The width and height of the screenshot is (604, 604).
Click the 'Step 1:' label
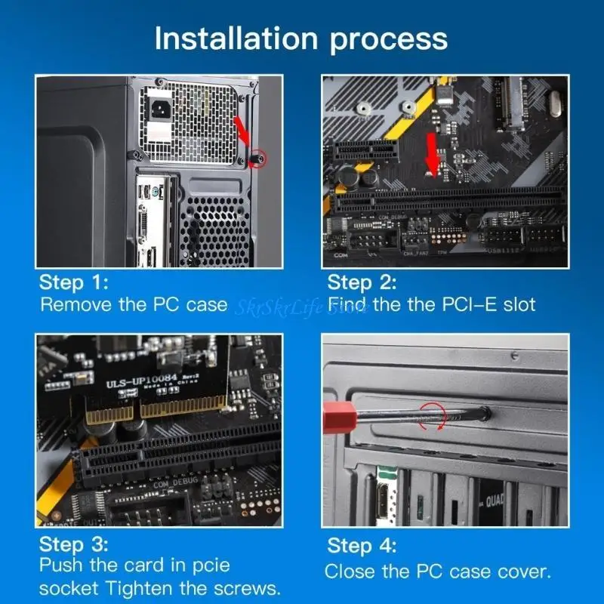coord(74,282)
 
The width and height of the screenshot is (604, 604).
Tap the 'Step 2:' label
coord(362,282)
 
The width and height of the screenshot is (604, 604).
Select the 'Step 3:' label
coord(74,544)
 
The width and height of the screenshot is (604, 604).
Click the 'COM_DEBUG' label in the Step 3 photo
coord(174,482)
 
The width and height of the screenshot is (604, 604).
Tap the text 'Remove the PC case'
coord(133,305)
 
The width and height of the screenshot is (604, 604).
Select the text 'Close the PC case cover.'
coord(439,571)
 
